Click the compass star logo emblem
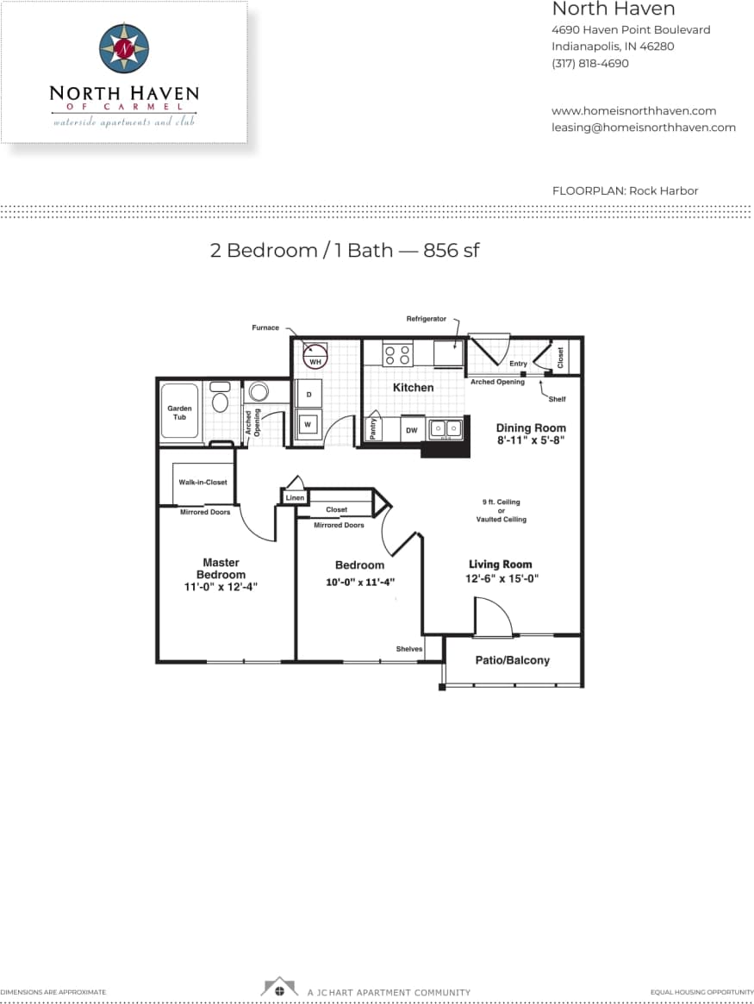(x=124, y=48)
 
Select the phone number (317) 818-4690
(x=589, y=64)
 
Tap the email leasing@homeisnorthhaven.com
(x=643, y=128)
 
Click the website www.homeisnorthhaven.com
(x=633, y=111)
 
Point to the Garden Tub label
(x=179, y=413)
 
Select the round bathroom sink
(x=258, y=392)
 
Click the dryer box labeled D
(x=308, y=395)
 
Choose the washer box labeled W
(x=308, y=424)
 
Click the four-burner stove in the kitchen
(x=397, y=355)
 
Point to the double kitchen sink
(x=446, y=428)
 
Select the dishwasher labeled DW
(x=411, y=429)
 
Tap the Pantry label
(x=373, y=429)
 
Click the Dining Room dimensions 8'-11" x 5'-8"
(x=531, y=440)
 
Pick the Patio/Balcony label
(x=512, y=660)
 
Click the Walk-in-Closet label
(x=203, y=483)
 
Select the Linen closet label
(x=295, y=498)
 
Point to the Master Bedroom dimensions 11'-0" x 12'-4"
(x=221, y=587)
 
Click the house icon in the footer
(x=279, y=988)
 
